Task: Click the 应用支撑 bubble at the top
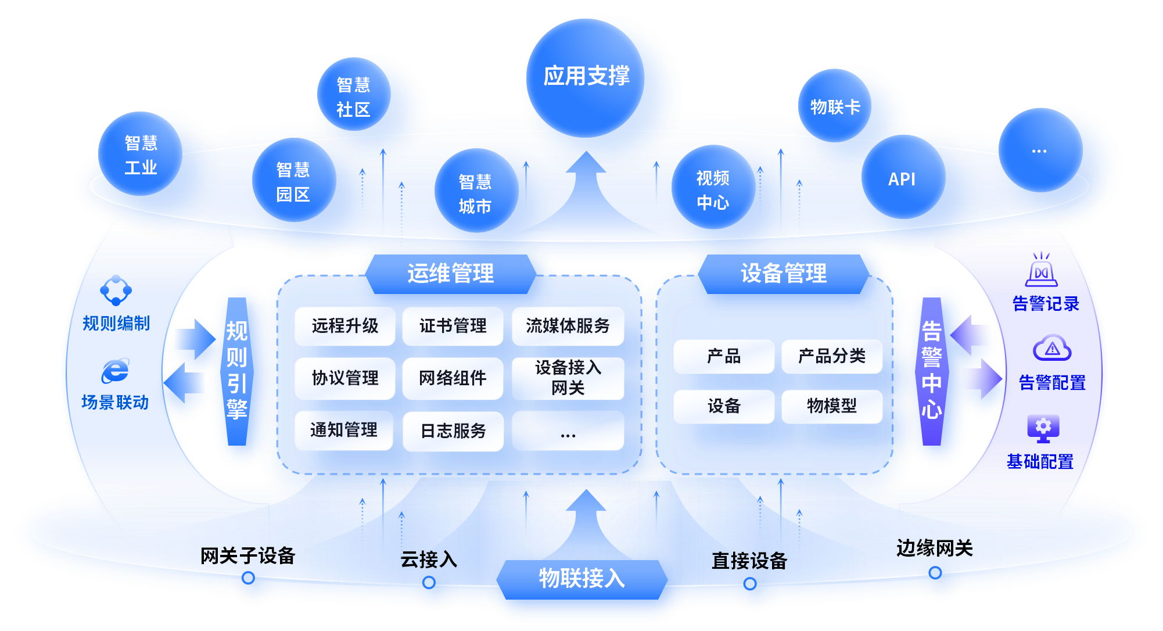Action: pyautogui.click(x=586, y=77)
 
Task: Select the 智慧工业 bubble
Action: pyautogui.click(x=141, y=155)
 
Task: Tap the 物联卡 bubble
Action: pyautogui.click(x=835, y=107)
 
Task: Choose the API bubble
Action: pyautogui.click(x=902, y=179)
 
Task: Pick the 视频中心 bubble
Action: pyautogui.click(x=712, y=189)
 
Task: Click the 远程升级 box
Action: pyautogui.click(x=345, y=326)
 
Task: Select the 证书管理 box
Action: pyautogui.click(x=453, y=326)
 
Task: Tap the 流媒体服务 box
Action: pyautogui.click(x=568, y=326)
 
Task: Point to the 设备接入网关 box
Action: pyautogui.click(x=568, y=378)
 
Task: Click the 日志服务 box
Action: pyautogui.click(x=453, y=431)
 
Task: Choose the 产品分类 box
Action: pyautogui.click(x=831, y=356)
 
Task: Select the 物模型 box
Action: pyautogui.click(x=831, y=406)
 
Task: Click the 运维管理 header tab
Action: pyautogui.click(x=450, y=273)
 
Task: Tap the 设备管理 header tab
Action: pyautogui.click(x=783, y=273)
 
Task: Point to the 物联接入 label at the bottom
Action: pyautogui.click(x=581, y=578)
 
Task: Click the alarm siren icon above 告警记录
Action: pyautogui.click(x=1041, y=270)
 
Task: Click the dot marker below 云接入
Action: pyautogui.click(x=429, y=582)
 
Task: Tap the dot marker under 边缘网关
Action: pyautogui.click(x=935, y=572)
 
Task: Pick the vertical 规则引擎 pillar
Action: pyautogui.click(x=237, y=371)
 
